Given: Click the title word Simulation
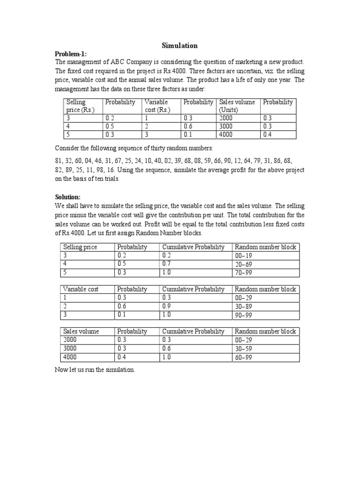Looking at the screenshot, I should (x=180, y=45).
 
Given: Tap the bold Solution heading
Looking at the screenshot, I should (x=68, y=196).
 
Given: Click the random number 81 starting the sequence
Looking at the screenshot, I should (x=59, y=161).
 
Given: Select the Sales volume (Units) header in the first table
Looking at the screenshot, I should (x=237, y=105).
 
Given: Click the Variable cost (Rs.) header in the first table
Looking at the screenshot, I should (x=157, y=105).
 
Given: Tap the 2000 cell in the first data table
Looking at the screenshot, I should (x=226, y=118).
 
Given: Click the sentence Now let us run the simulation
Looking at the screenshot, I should (x=95, y=370).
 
